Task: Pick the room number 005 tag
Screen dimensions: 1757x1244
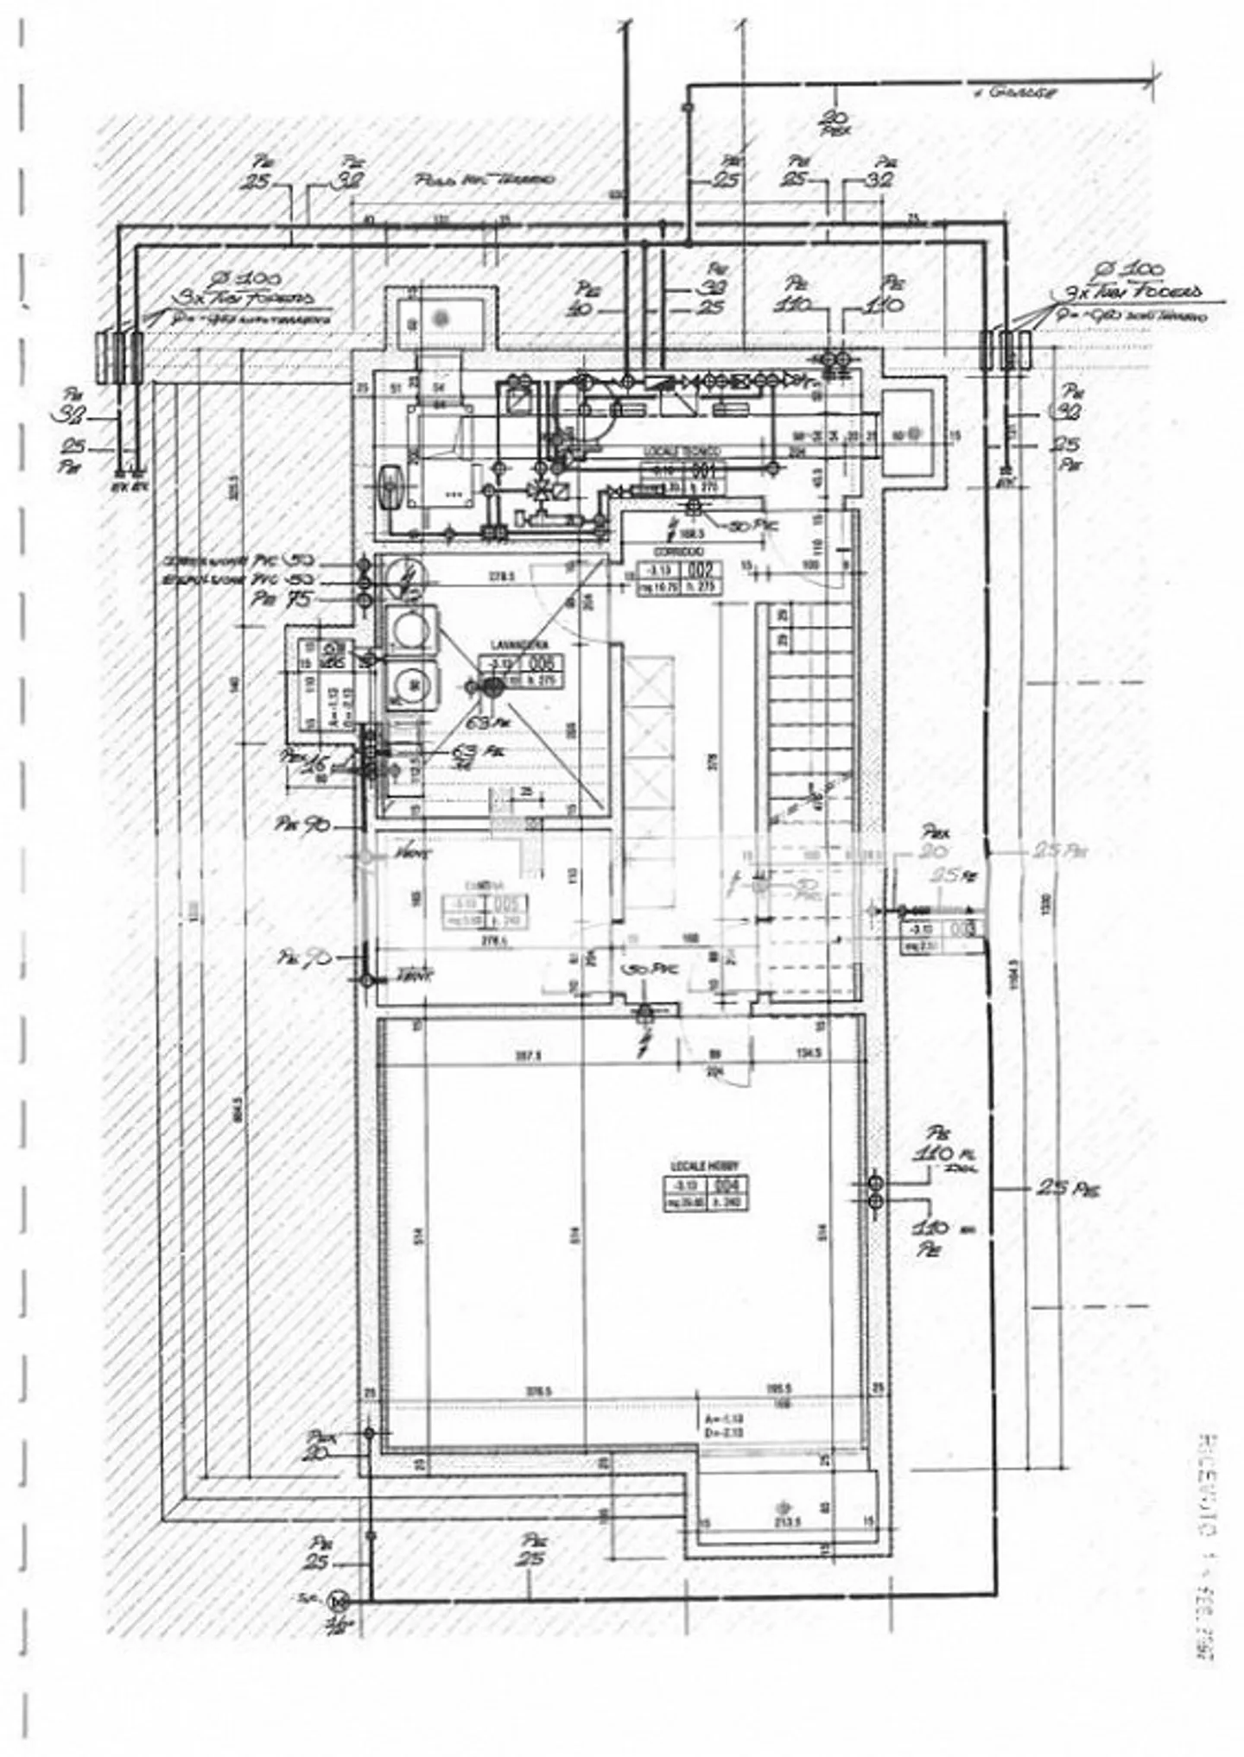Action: tap(510, 905)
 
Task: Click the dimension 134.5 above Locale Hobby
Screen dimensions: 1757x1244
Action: tap(807, 1054)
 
